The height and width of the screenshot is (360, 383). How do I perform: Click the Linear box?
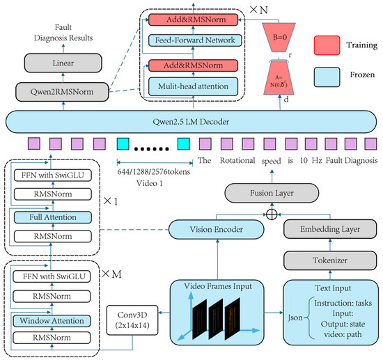[63, 63]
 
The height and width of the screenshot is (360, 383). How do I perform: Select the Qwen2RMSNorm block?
[62, 92]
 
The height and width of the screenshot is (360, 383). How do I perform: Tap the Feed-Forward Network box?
[195, 40]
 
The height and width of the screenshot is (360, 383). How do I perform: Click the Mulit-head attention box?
[193, 86]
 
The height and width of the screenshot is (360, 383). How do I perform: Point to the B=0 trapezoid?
[279, 38]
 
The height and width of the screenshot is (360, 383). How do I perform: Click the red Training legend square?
[327, 45]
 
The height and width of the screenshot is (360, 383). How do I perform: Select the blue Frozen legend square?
[327, 77]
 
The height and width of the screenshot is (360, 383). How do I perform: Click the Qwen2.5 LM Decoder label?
[191, 122]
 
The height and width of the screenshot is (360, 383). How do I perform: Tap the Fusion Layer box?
[272, 193]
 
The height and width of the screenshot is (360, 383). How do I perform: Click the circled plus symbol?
[272, 214]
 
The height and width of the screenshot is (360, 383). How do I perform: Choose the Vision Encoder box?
[216, 229]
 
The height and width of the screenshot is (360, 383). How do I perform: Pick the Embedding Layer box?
[330, 229]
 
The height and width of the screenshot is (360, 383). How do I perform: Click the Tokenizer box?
[330, 260]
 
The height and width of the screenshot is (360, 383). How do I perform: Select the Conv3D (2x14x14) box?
[132, 320]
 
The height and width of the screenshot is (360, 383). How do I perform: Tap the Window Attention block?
[52, 321]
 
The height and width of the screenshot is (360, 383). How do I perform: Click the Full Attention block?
[53, 217]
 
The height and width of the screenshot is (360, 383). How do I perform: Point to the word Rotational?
[237, 160]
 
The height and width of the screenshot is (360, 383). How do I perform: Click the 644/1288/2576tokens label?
[154, 172]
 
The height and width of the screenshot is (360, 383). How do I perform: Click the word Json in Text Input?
[295, 318]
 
